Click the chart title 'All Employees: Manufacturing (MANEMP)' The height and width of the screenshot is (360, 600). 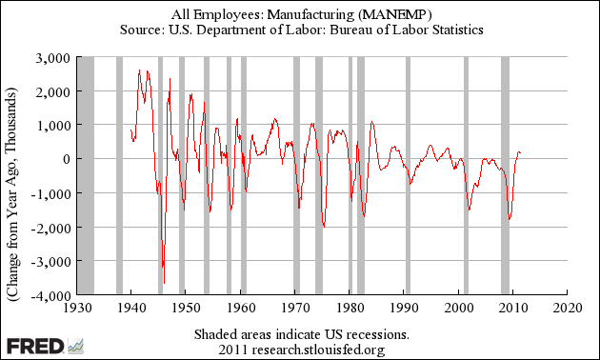pos(302,14)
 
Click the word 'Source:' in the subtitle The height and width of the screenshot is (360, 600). pos(142,30)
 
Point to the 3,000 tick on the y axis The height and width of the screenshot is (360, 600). pos(53,58)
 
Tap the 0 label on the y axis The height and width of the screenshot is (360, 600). pos(67,159)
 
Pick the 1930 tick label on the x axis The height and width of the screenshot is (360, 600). pos(77,308)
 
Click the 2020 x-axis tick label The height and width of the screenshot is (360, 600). pos(568,308)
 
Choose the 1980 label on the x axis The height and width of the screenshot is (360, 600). pos(350,308)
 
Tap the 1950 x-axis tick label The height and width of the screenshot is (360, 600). pos(186,308)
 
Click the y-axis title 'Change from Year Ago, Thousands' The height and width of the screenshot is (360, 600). pos(12,194)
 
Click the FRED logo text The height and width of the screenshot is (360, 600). pos(35,347)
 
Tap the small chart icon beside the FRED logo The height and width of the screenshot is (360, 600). pos(75,347)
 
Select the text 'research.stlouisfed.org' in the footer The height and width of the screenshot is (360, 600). pos(318,350)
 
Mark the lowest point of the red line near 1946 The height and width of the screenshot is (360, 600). pos(164,284)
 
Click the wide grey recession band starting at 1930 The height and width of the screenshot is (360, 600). pos(86,175)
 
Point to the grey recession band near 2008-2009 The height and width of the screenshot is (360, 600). pos(505,175)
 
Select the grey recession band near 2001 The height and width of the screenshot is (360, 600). pos(466,175)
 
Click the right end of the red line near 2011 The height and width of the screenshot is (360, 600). pos(520,153)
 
